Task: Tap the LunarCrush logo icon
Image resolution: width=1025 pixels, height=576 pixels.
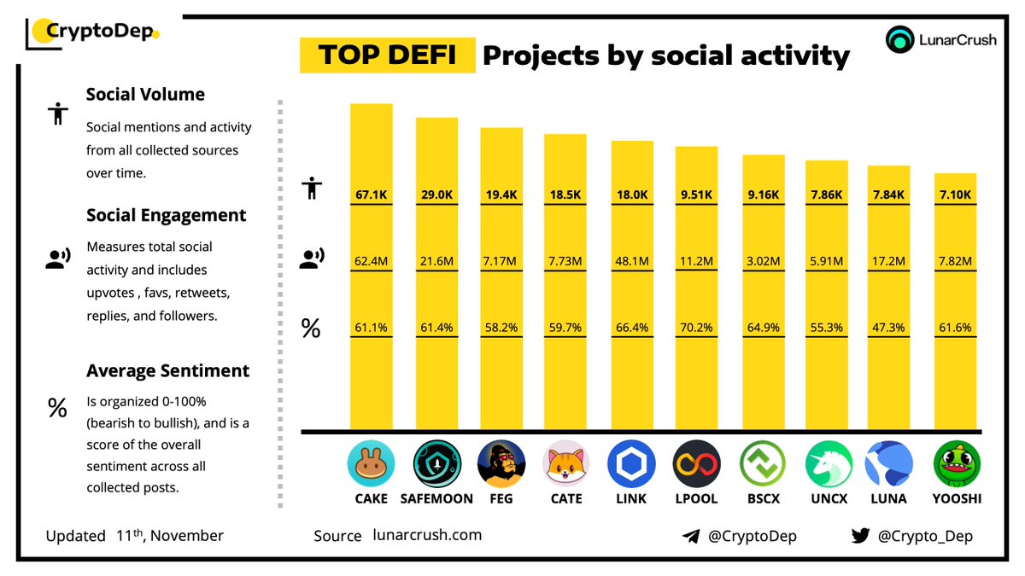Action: click(900, 40)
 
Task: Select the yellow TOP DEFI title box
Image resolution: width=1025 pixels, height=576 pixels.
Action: click(387, 55)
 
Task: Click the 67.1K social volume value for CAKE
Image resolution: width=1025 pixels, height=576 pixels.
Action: click(372, 195)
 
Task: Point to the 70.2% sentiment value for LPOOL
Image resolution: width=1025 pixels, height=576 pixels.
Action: click(696, 327)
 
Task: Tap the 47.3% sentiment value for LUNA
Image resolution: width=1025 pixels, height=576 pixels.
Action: click(889, 327)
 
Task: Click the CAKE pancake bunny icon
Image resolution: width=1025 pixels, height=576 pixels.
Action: click(371, 464)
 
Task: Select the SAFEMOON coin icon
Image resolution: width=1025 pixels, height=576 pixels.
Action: click(436, 464)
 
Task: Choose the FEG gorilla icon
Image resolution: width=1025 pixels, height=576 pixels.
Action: click(501, 464)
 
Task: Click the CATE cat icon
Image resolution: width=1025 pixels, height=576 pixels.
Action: click(565, 464)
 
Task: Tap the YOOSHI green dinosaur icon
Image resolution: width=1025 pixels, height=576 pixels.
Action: click(956, 464)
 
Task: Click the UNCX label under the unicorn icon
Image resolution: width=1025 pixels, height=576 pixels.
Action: click(827, 498)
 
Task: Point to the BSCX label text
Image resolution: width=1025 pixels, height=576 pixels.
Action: click(762, 498)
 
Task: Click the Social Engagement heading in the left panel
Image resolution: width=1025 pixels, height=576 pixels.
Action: click(166, 216)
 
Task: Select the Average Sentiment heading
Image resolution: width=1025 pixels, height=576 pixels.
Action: click(167, 371)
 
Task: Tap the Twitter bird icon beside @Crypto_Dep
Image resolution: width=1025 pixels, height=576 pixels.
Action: click(860, 536)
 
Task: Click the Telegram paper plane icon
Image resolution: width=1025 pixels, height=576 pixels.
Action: click(691, 536)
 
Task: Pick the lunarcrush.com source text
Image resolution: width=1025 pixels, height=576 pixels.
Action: click(427, 535)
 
